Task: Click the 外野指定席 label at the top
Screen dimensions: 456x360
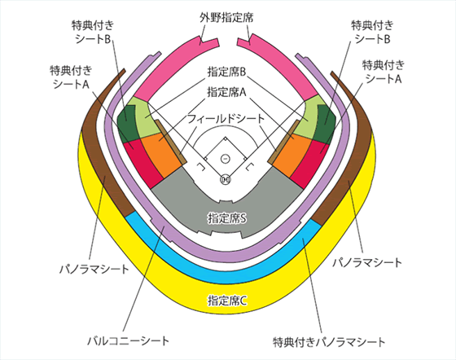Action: (x=226, y=18)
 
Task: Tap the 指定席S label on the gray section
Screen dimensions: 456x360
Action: (x=227, y=218)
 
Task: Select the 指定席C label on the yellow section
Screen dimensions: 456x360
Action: (x=227, y=301)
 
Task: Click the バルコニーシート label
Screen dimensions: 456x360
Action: (x=129, y=340)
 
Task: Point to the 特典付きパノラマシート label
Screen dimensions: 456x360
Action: (x=329, y=342)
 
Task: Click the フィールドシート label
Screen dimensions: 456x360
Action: (x=226, y=119)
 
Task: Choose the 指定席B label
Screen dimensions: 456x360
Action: (x=226, y=72)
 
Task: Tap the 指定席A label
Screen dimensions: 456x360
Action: (x=226, y=92)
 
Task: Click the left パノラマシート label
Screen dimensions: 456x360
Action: (x=94, y=269)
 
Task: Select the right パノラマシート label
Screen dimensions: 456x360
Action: (x=367, y=262)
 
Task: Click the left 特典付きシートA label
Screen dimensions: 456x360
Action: (x=71, y=77)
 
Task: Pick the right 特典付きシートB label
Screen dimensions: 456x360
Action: (x=372, y=32)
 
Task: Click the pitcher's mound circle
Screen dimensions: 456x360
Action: (x=225, y=159)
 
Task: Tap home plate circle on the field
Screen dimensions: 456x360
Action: (x=226, y=179)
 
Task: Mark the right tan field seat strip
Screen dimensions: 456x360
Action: (x=283, y=142)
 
